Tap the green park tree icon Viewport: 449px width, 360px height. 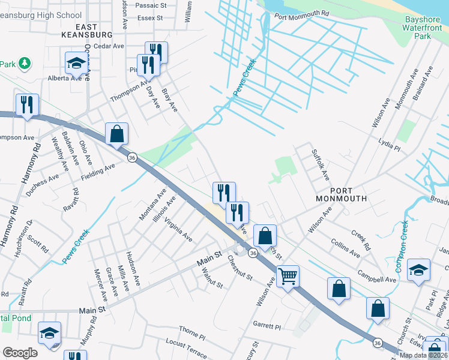[25, 63]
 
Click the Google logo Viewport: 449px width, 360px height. [20, 353]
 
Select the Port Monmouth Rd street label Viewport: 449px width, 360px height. [302, 13]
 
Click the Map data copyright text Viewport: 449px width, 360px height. [423, 355]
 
